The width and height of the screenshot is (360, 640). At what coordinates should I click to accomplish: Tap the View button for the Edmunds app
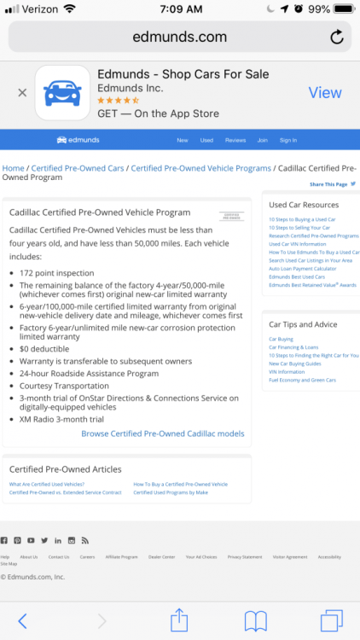(x=324, y=92)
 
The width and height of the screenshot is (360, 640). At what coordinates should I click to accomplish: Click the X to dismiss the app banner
(x=22, y=92)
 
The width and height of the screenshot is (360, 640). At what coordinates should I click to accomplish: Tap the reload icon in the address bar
(x=337, y=37)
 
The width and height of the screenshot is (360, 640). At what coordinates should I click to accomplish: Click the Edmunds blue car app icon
(x=62, y=92)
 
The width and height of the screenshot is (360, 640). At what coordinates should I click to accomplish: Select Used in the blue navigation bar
(x=206, y=140)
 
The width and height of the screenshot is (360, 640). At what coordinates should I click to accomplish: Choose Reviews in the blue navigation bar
(x=235, y=140)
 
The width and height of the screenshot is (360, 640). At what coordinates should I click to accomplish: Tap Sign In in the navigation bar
(x=288, y=140)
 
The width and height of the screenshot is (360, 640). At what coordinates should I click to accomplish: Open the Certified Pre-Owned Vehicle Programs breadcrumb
(x=200, y=168)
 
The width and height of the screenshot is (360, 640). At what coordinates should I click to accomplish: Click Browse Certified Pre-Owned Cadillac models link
(x=162, y=433)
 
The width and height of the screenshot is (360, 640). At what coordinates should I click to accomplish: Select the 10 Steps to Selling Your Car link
(x=299, y=228)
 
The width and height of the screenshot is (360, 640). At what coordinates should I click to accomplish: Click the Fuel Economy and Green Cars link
(x=302, y=380)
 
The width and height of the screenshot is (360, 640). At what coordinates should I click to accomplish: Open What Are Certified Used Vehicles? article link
(x=46, y=484)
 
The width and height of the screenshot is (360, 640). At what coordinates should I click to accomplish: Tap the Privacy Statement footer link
(x=245, y=556)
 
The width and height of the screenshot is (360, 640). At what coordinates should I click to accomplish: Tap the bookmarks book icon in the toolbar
(x=255, y=620)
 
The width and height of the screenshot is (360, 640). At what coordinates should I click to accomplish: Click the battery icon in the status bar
(x=343, y=9)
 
